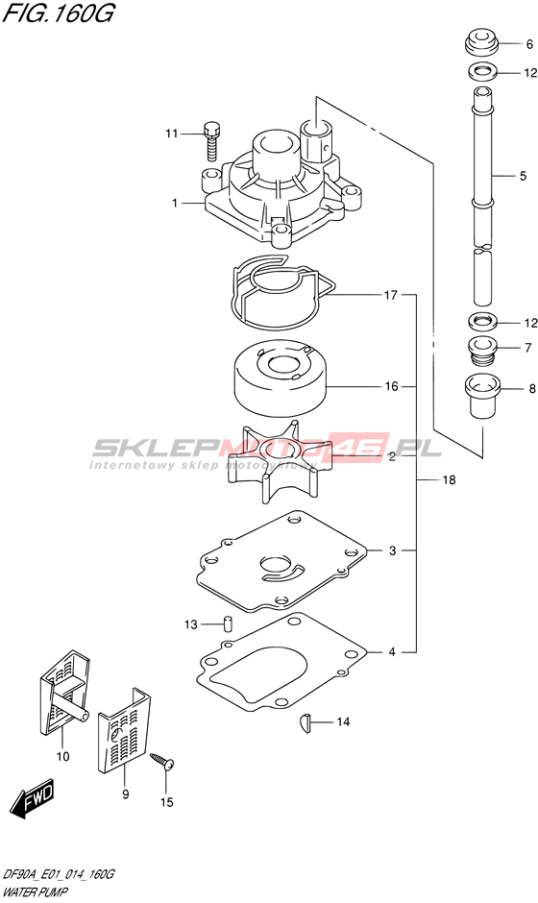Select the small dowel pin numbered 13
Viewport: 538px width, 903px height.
point(228,623)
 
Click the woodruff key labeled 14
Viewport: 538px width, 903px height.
point(306,722)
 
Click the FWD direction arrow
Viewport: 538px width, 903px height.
point(34,799)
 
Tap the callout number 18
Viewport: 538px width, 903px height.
point(449,479)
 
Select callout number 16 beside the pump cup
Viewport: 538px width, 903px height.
point(391,386)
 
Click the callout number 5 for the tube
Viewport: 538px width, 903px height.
point(523,176)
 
